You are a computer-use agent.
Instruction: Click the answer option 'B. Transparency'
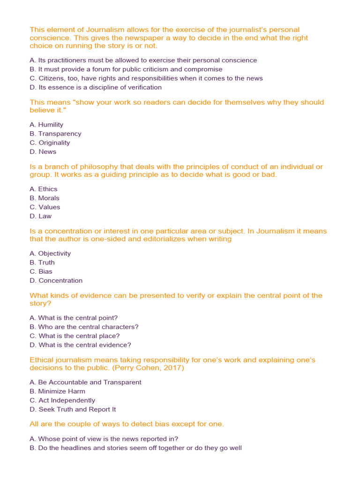click(55, 134)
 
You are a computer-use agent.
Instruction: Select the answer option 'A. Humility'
click(46, 125)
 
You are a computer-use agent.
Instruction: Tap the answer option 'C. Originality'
click(50, 142)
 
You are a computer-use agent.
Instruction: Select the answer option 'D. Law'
click(41, 216)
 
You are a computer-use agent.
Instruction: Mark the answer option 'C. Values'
click(45, 207)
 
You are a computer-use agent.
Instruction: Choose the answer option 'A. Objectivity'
click(50, 253)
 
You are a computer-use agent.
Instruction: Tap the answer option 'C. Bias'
click(41, 271)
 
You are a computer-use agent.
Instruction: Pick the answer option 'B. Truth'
click(42, 262)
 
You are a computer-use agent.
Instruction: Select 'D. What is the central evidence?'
click(80, 345)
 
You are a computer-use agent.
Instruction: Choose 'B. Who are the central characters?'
click(84, 327)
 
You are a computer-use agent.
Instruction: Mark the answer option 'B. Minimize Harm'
click(57, 391)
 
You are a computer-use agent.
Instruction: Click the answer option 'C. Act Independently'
click(62, 400)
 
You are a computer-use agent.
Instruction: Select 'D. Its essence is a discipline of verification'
click(96, 87)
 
